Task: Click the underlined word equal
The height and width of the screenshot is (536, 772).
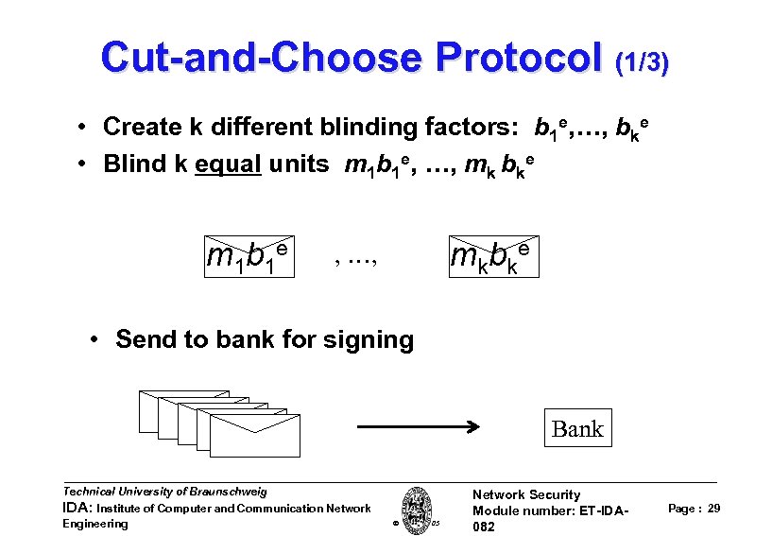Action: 228,164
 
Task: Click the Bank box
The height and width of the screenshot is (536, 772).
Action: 576,428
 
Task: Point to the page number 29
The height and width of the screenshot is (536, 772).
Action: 713,510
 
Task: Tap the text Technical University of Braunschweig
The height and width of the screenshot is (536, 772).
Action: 164,492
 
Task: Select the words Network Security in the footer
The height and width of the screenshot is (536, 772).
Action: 525,494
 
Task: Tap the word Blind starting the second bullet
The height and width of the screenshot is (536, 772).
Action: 131,164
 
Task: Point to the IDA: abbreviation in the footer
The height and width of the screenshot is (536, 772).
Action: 77,509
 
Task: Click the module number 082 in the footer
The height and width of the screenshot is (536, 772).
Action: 483,527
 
